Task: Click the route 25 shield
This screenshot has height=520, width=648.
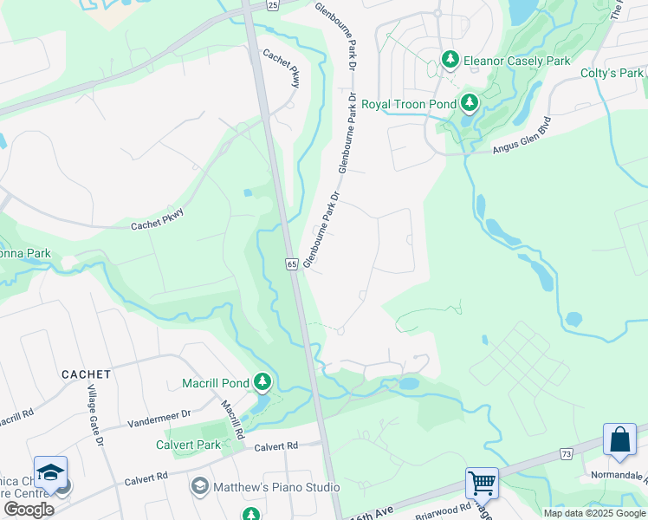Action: click(x=273, y=6)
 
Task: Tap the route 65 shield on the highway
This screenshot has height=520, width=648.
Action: click(x=291, y=263)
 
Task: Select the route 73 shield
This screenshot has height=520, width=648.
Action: click(x=567, y=453)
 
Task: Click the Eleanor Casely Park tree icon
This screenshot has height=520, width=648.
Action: click(x=450, y=60)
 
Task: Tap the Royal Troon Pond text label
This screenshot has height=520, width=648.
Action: click(x=408, y=104)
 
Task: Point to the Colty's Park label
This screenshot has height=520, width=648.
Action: click(x=612, y=73)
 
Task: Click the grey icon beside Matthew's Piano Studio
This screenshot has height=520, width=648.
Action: click(x=200, y=486)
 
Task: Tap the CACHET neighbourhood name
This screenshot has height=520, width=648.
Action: click(x=86, y=374)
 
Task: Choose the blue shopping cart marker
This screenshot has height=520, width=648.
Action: click(x=482, y=482)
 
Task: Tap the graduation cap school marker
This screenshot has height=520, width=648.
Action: click(x=51, y=471)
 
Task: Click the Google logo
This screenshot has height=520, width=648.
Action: click(x=29, y=509)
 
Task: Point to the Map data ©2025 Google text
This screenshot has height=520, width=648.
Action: click(x=593, y=513)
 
